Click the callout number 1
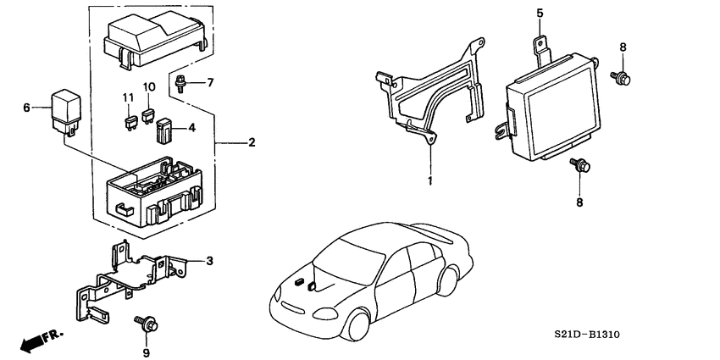[429, 181]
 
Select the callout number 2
[252, 142]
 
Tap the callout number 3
[209, 259]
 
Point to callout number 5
[539, 14]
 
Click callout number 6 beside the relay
[26, 108]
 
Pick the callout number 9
[146, 352]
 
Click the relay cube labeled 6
[67, 109]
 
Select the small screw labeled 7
[180, 83]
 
